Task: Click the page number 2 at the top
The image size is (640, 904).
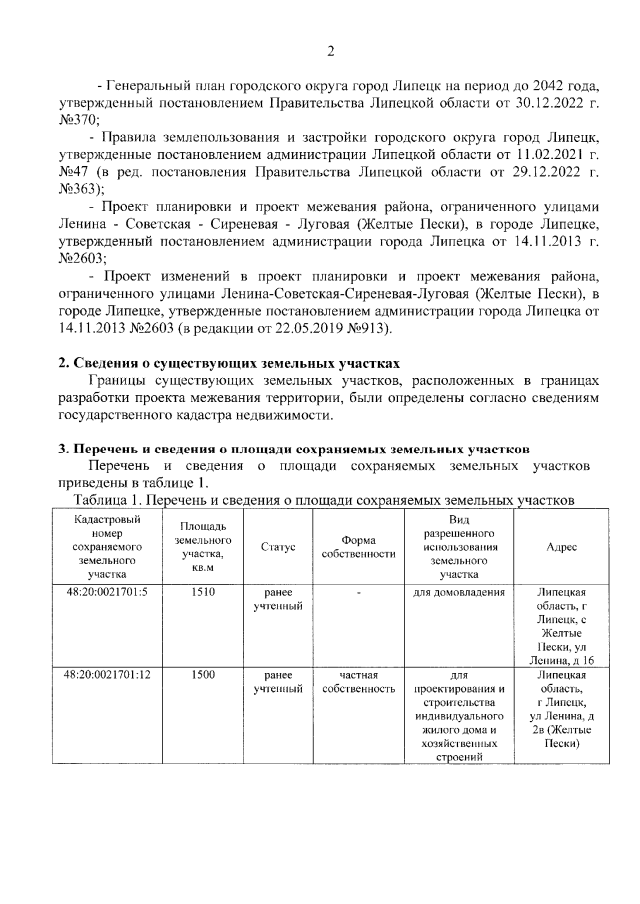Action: coord(330,52)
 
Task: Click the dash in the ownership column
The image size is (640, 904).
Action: coord(358,592)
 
